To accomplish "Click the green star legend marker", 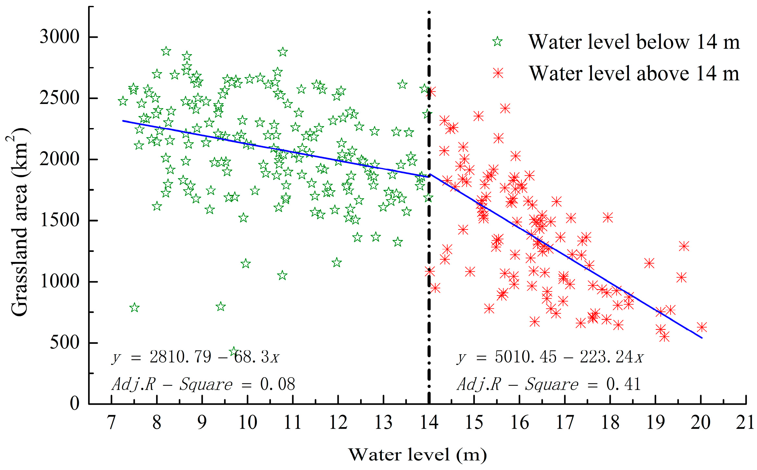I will coord(497,42).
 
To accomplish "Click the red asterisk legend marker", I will coord(498,73).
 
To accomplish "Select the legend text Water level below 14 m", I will coord(634,42).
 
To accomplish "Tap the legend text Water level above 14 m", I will coord(634,73).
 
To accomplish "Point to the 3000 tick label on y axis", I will coord(59,37).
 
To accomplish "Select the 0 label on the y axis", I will coord(75,404).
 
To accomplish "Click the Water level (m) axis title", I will coord(418,455).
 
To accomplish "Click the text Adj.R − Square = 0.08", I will coord(203,384).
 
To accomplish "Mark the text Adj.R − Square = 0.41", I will coord(549,384).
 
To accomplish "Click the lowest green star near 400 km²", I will coord(233,351).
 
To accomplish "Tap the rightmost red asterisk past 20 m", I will coord(702,327).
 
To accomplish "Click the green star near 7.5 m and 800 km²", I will coord(134,307).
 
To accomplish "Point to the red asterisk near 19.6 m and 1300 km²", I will coord(684,246).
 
